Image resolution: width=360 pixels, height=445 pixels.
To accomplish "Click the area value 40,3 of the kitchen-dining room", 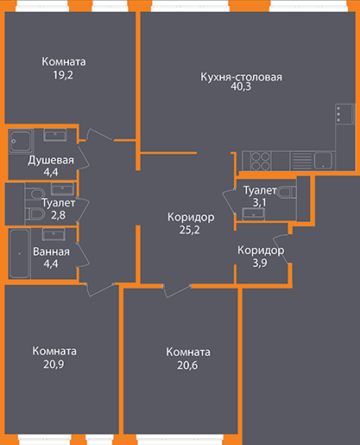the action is coord(241,86).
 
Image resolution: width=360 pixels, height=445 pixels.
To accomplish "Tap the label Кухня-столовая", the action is coord(241,77).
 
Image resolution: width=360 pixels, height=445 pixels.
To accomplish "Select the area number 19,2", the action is coord(63,75).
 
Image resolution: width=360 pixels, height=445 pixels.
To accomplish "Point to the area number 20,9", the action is coord(54,365).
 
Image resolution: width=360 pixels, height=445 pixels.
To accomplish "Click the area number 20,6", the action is coord(187,366).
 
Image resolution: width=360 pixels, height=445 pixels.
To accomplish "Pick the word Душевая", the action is coord(51,160).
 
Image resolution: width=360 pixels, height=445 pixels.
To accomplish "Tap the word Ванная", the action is coord(51,251).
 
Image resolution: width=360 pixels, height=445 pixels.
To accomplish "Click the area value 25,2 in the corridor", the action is coord(189,230).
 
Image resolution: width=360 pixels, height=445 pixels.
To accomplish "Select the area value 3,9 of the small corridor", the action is coord(260,263).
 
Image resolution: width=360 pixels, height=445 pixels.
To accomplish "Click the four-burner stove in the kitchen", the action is coord(261,161).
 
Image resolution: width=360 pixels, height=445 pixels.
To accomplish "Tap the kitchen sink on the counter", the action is coord(323,161).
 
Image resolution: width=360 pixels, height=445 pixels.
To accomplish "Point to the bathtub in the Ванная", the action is coord(20,253).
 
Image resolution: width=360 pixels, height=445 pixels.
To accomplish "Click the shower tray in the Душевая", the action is coord(21,141).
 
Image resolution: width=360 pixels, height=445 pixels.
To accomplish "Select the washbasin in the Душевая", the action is coord(55,135).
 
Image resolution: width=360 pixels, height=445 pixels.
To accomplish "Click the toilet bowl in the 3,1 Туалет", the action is coord(287,192).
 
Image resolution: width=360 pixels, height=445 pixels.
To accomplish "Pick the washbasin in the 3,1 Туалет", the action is coord(254,214).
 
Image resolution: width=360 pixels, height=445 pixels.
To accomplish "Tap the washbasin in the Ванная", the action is coord(54,234).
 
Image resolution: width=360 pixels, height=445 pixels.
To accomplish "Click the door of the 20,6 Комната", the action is coord(177,291).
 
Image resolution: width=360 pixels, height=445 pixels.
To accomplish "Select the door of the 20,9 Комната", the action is coord(99,289).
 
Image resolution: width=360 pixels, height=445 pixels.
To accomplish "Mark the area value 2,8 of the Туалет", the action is coord(58,215).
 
